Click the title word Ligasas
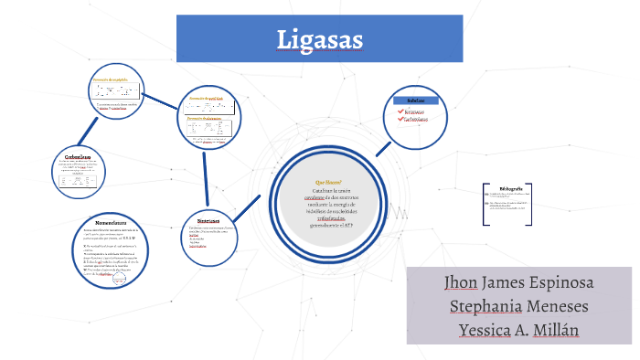(x=320, y=40)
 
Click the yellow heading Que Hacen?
(x=327, y=183)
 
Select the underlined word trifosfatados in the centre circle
(x=328, y=217)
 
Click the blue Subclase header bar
(x=415, y=100)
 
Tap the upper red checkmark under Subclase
(x=399, y=111)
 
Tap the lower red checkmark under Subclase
(x=399, y=119)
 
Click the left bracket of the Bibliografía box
(x=484, y=206)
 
